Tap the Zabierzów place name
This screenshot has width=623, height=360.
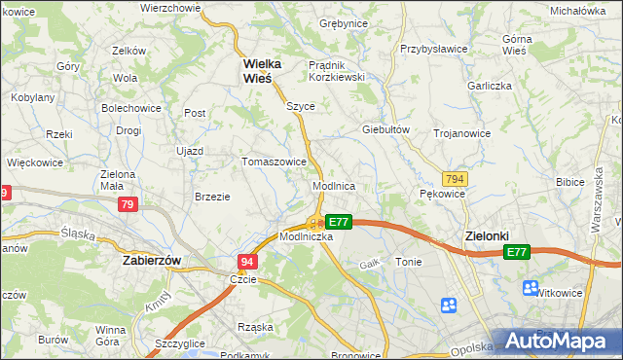tap(152, 261)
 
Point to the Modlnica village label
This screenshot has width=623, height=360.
tap(333, 185)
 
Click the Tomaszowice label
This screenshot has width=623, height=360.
tap(275, 162)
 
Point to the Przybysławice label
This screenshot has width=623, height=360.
tap(434, 48)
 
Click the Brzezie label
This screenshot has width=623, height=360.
tap(212, 196)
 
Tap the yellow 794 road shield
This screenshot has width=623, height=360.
tap(454, 179)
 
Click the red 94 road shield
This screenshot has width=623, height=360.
tap(247, 262)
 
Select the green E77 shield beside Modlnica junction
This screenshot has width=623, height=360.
tap(338, 222)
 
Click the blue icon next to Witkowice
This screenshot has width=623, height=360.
tap(531, 288)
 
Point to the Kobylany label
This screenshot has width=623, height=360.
tap(32, 97)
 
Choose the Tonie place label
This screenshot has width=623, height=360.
tap(409, 262)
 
